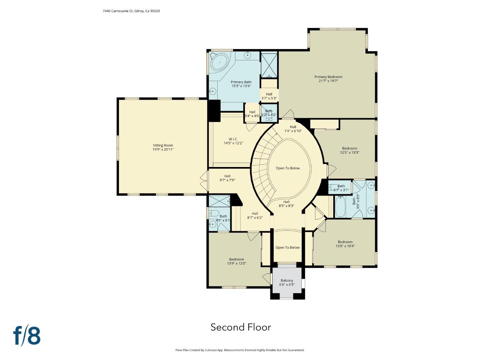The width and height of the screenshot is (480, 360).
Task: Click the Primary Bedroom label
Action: pyautogui.click(x=328, y=77)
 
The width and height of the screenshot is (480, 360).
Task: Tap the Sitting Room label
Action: pyautogui.click(x=163, y=145)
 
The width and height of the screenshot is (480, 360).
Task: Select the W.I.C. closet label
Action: pyautogui.click(x=233, y=139)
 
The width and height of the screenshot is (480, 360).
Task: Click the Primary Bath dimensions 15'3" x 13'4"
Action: pyautogui.click(x=241, y=86)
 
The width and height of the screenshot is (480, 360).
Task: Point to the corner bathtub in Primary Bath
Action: pyautogui.click(x=219, y=62)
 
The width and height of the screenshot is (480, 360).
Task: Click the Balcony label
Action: pyautogui.click(x=287, y=281)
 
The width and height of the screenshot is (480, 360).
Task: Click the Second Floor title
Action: pyautogui.click(x=241, y=327)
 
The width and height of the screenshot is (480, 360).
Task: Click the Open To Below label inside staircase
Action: pyautogui.click(x=288, y=168)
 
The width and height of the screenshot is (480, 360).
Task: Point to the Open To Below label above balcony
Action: pyautogui.click(x=287, y=248)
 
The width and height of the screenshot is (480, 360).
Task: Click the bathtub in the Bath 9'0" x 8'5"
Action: pyautogui.click(x=341, y=207)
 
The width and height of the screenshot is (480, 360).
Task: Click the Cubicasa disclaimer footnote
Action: pyautogui.click(x=240, y=350)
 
